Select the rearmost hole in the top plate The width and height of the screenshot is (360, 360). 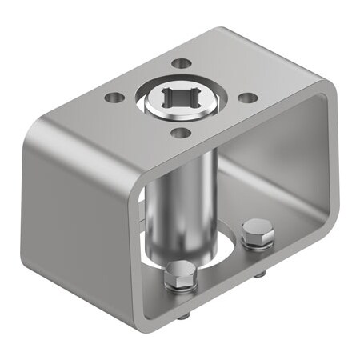coord(182,62)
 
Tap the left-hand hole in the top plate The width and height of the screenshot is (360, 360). coord(115,98)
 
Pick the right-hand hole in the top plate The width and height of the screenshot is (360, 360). coord(249,98)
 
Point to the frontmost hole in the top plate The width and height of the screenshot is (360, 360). coord(182,133)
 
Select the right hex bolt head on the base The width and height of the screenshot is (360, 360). coord(258,231)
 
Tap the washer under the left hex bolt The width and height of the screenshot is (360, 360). coord(180,284)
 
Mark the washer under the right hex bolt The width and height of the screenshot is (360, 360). coord(258,242)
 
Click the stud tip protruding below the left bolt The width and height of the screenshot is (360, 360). coord(184,314)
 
